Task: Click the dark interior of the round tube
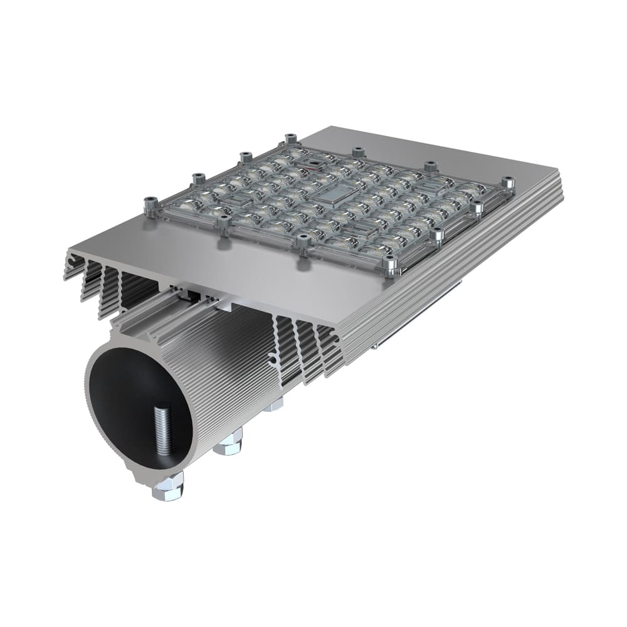(x=125, y=401)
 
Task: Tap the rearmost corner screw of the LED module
(x=290, y=139)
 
